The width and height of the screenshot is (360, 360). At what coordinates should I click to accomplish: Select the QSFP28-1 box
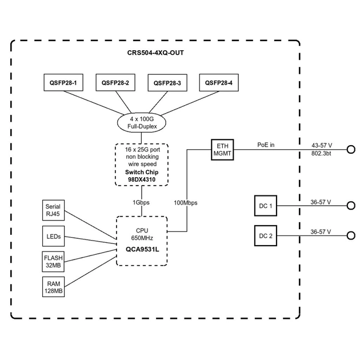tap(64, 83)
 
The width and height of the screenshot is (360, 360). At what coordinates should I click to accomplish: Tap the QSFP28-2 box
tap(115, 83)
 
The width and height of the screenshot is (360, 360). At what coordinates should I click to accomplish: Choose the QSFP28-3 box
tap(167, 83)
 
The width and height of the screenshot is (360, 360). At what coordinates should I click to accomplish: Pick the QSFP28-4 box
tap(219, 83)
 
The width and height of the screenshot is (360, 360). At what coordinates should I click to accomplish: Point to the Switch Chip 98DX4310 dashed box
tap(142, 165)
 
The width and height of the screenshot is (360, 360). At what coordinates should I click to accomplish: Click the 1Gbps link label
tap(141, 202)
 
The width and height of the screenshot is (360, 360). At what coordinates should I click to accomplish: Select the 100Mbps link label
tap(185, 202)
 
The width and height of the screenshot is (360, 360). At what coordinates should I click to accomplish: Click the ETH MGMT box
tap(223, 149)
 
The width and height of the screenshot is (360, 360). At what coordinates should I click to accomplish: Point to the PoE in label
tap(265, 145)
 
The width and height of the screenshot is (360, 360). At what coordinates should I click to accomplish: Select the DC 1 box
tap(265, 206)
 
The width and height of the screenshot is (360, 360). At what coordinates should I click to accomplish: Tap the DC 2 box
tap(265, 235)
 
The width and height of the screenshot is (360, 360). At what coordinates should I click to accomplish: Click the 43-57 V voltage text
tap(322, 145)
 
